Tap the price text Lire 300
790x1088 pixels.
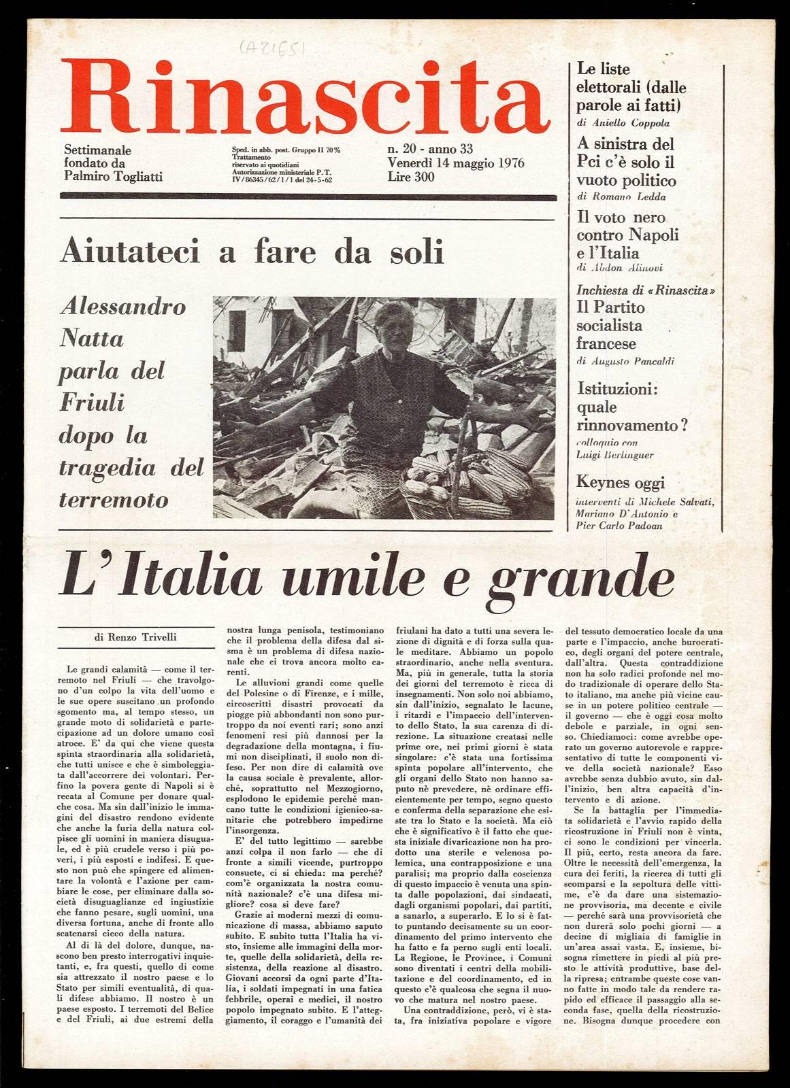coord(412,177)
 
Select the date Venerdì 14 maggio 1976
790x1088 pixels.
coord(455,163)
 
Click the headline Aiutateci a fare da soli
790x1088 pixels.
coord(252,253)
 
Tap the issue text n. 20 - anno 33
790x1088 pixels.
coord(430,150)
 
